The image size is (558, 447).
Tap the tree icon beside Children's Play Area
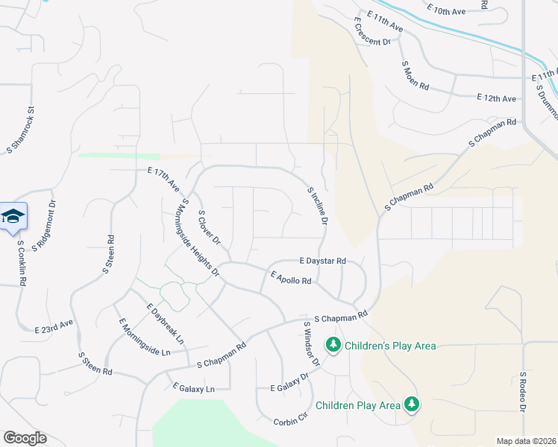coord(333,345)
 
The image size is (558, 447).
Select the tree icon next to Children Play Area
coord(411,405)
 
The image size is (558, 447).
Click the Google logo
coord(25,438)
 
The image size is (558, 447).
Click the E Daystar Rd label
coord(322,261)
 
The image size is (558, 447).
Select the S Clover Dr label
coord(209,227)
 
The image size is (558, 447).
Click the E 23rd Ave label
coord(54,326)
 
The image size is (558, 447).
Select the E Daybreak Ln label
coord(166,324)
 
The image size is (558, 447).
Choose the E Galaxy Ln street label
coord(193,388)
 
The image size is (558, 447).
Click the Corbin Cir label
coord(290,420)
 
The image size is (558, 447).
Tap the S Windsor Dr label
coord(311,343)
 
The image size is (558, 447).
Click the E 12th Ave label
coord(497,98)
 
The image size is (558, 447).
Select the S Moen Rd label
coord(416,75)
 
